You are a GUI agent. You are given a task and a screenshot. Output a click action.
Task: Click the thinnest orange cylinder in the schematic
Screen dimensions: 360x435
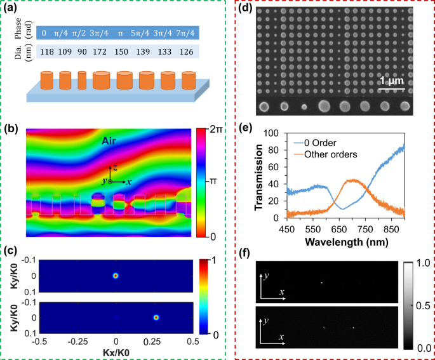point(82,81)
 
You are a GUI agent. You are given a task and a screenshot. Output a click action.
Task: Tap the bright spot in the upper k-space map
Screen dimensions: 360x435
point(116,276)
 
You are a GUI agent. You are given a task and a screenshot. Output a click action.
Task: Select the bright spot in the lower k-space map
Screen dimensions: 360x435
point(156,317)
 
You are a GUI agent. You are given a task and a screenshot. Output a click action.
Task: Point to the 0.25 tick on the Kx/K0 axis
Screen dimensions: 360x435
point(155,342)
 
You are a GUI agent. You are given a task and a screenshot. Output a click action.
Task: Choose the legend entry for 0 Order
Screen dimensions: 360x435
point(328,143)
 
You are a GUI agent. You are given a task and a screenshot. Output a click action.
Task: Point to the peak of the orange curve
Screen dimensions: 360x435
point(351,180)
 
